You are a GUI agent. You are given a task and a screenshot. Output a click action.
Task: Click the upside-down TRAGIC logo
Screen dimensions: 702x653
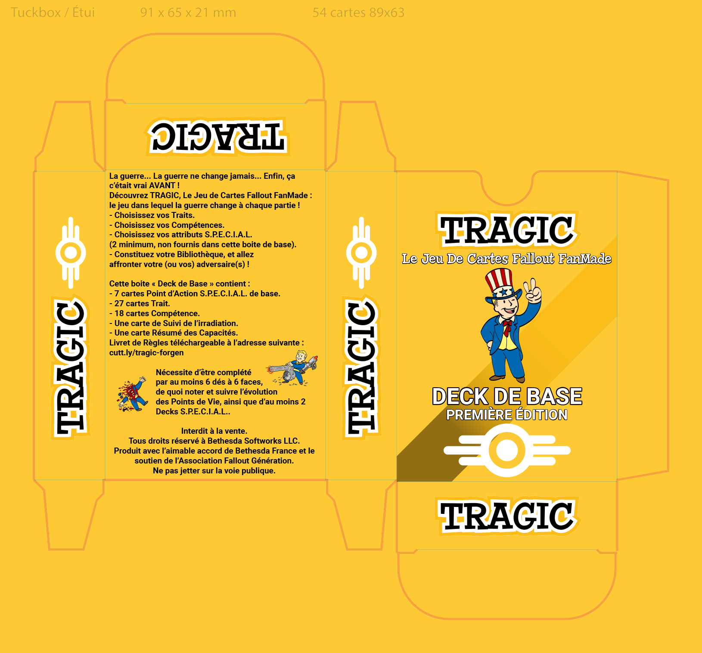click(x=217, y=136)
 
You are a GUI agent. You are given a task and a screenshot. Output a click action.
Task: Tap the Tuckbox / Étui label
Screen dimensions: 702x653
click(x=53, y=12)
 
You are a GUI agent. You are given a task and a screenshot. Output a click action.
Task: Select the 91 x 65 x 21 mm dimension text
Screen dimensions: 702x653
click(x=188, y=12)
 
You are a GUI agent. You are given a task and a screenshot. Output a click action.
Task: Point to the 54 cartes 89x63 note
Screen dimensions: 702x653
click(x=358, y=12)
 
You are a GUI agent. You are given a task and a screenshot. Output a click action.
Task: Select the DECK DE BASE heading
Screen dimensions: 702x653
click(x=507, y=396)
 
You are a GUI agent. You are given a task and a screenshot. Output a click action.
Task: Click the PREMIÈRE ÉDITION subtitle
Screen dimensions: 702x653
click(x=507, y=415)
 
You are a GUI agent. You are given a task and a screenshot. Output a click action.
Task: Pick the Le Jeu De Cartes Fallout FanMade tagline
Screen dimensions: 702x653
click(x=507, y=258)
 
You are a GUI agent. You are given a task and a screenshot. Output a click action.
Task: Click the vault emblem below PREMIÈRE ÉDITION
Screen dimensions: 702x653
click(x=507, y=450)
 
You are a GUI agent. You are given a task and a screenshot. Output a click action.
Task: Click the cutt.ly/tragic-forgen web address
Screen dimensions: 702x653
click(x=146, y=353)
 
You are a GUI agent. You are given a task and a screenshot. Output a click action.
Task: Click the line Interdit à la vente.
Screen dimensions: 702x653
click(x=214, y=431)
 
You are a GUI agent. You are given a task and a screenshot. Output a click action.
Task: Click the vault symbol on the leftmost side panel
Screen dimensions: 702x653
click(x=71, y=253)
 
